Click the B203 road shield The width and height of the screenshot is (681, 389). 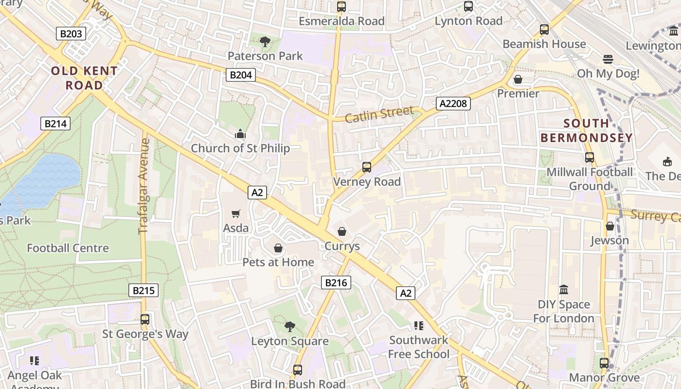(72, 34)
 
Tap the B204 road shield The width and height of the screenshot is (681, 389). (240, 75)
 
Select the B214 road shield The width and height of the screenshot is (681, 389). (55, 124)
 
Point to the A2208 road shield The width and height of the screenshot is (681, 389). (453, 103)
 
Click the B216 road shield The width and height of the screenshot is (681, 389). (336, 283)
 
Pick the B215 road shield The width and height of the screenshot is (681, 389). (143, 291)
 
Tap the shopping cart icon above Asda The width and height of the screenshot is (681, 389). (236, 213)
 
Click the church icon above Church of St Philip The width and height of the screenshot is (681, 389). (240, 134)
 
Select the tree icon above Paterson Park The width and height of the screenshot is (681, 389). (265, 42)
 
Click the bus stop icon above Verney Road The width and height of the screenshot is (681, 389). (367, 167)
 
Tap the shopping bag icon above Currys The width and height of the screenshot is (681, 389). (342, 231)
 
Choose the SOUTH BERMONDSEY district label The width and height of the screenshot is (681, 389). (587, 130)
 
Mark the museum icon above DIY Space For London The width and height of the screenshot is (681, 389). (564, 290)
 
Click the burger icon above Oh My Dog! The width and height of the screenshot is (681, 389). (608, 59)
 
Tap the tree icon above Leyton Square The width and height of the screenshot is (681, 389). (289, 326)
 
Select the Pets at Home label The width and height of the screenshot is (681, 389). (278, 262)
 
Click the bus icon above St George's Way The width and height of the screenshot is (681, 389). (145, 319)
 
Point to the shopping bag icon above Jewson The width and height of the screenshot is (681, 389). (609, 226)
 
